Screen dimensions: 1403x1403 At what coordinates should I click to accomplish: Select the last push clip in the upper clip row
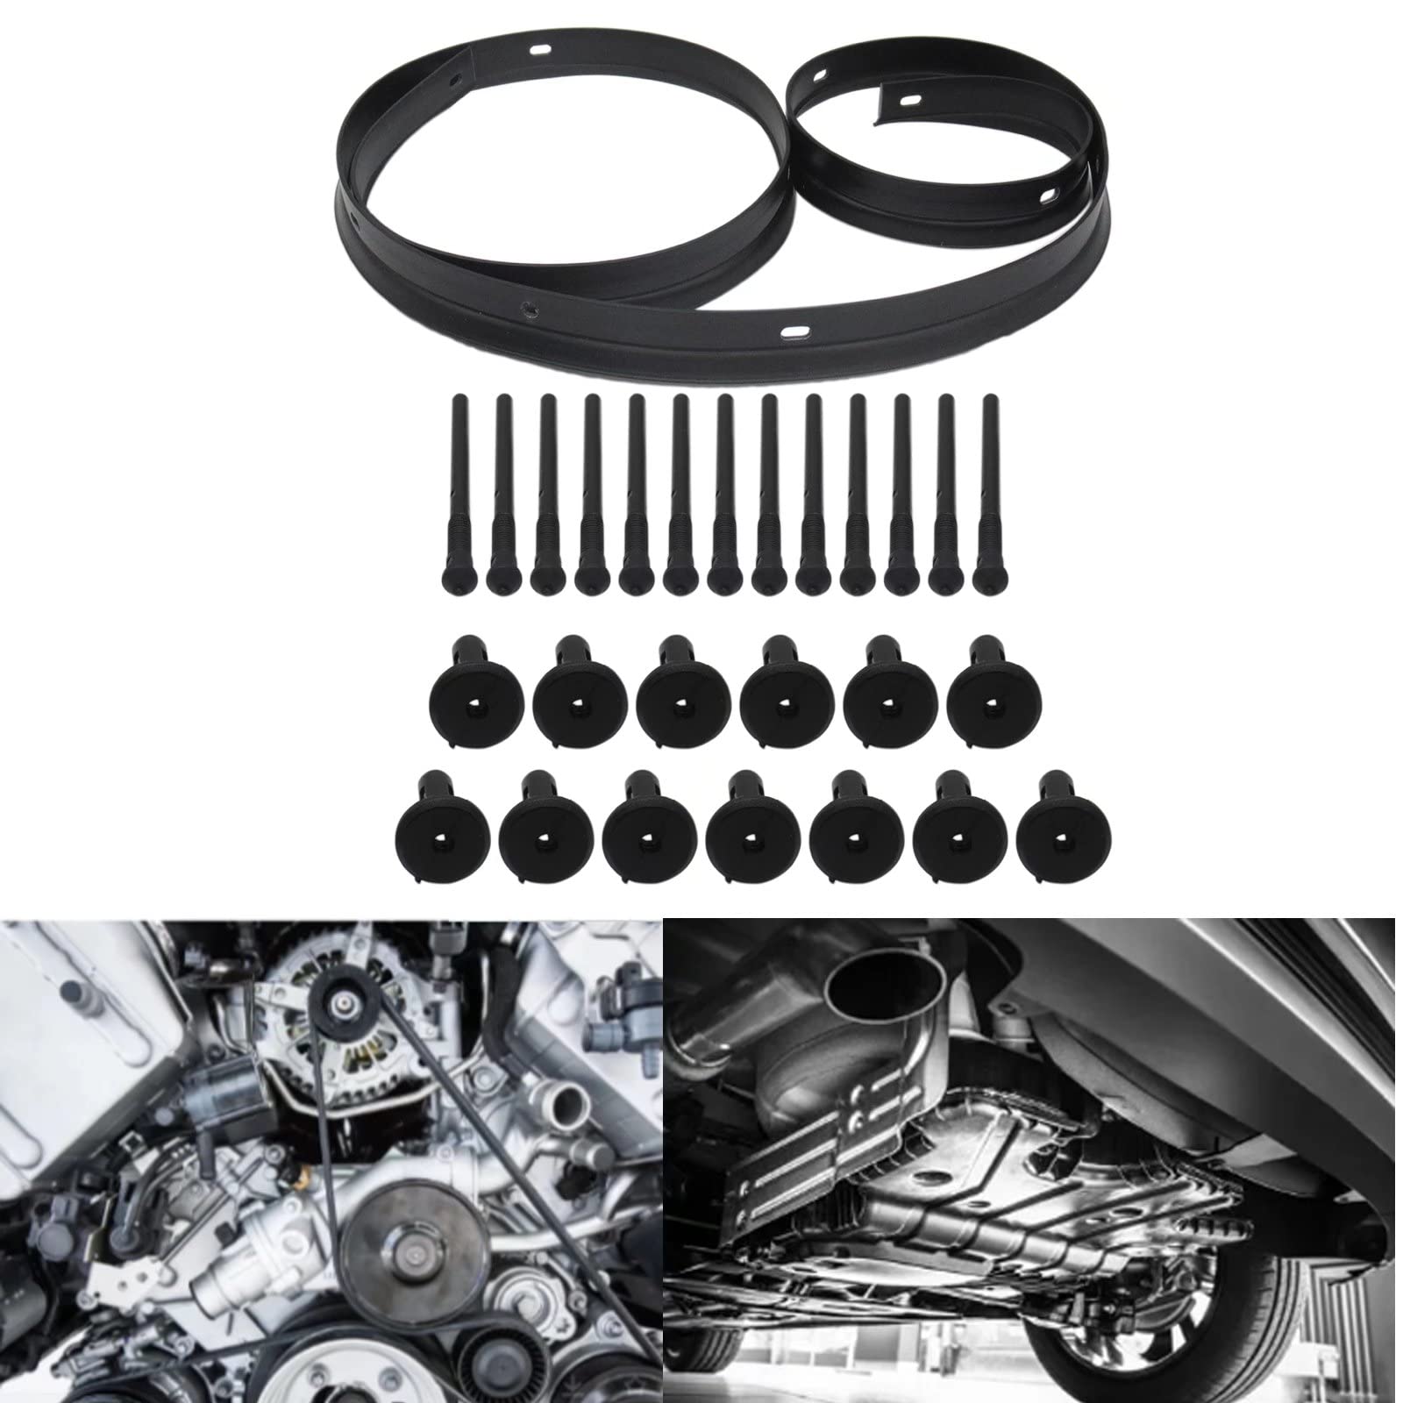pos(993,701)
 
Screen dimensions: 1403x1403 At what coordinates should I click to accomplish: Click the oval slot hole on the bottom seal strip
pos(795,331)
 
